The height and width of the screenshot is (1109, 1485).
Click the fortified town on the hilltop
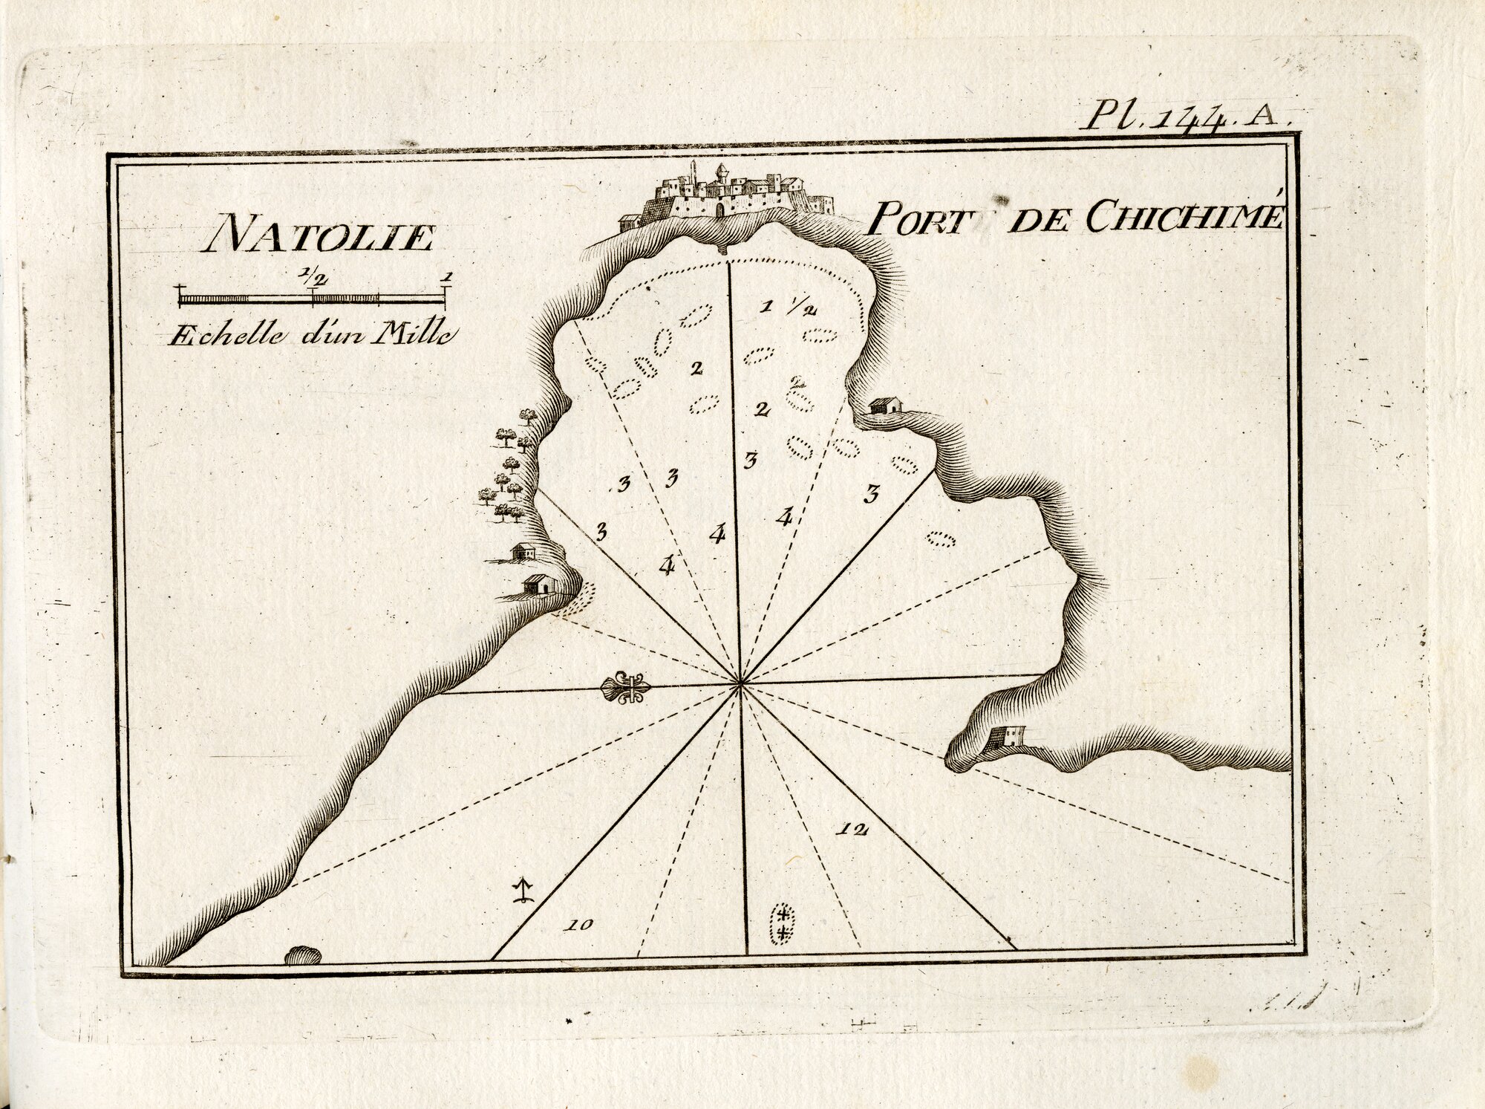click(728, 195)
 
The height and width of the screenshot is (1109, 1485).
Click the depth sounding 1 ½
click(789, 308)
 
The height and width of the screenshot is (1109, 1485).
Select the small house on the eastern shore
click(884, 406)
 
